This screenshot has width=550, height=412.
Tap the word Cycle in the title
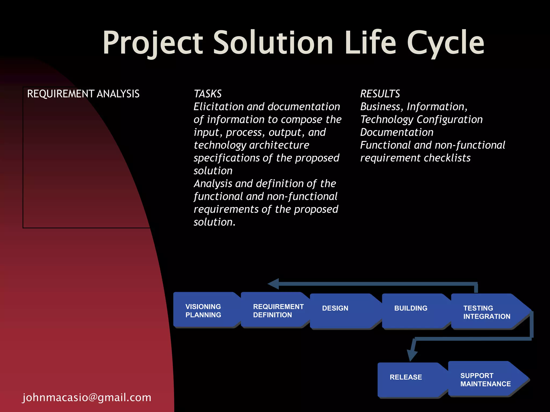446,43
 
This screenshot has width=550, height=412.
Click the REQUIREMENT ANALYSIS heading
83,94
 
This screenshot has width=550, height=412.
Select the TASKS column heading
208,94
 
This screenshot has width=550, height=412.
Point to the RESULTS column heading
380,94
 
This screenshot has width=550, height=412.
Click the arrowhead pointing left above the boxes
274,284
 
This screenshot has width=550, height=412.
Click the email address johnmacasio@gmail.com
87,397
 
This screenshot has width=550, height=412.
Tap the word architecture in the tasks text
279,145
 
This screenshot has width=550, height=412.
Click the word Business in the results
380,107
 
